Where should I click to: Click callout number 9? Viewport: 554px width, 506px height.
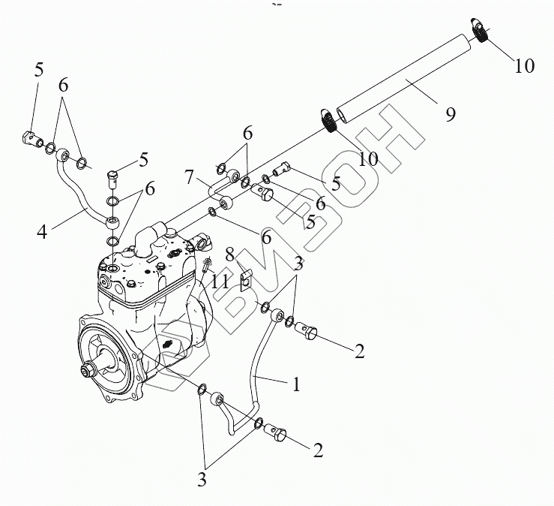point(450,114)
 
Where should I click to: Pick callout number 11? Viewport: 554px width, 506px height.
point(219,282)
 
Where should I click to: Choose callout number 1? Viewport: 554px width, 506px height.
point(297,385)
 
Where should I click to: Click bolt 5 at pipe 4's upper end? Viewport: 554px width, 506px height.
point(32,139)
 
